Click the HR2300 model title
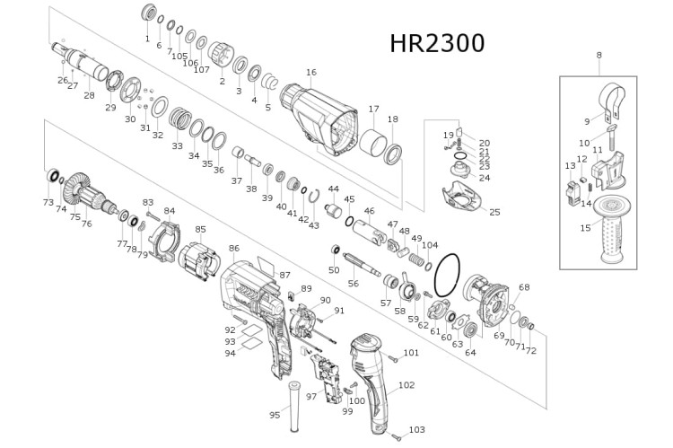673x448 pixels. click(437, 44)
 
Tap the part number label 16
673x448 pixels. click(311, 73)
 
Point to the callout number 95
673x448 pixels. click(275, 415)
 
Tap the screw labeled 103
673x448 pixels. click(392, 436)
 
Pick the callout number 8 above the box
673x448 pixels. click(599, 56)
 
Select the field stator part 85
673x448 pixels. click(198, 260)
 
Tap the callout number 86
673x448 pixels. click(233, 248)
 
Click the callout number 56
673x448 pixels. click(353, 283)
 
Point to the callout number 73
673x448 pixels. click(48, 203)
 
